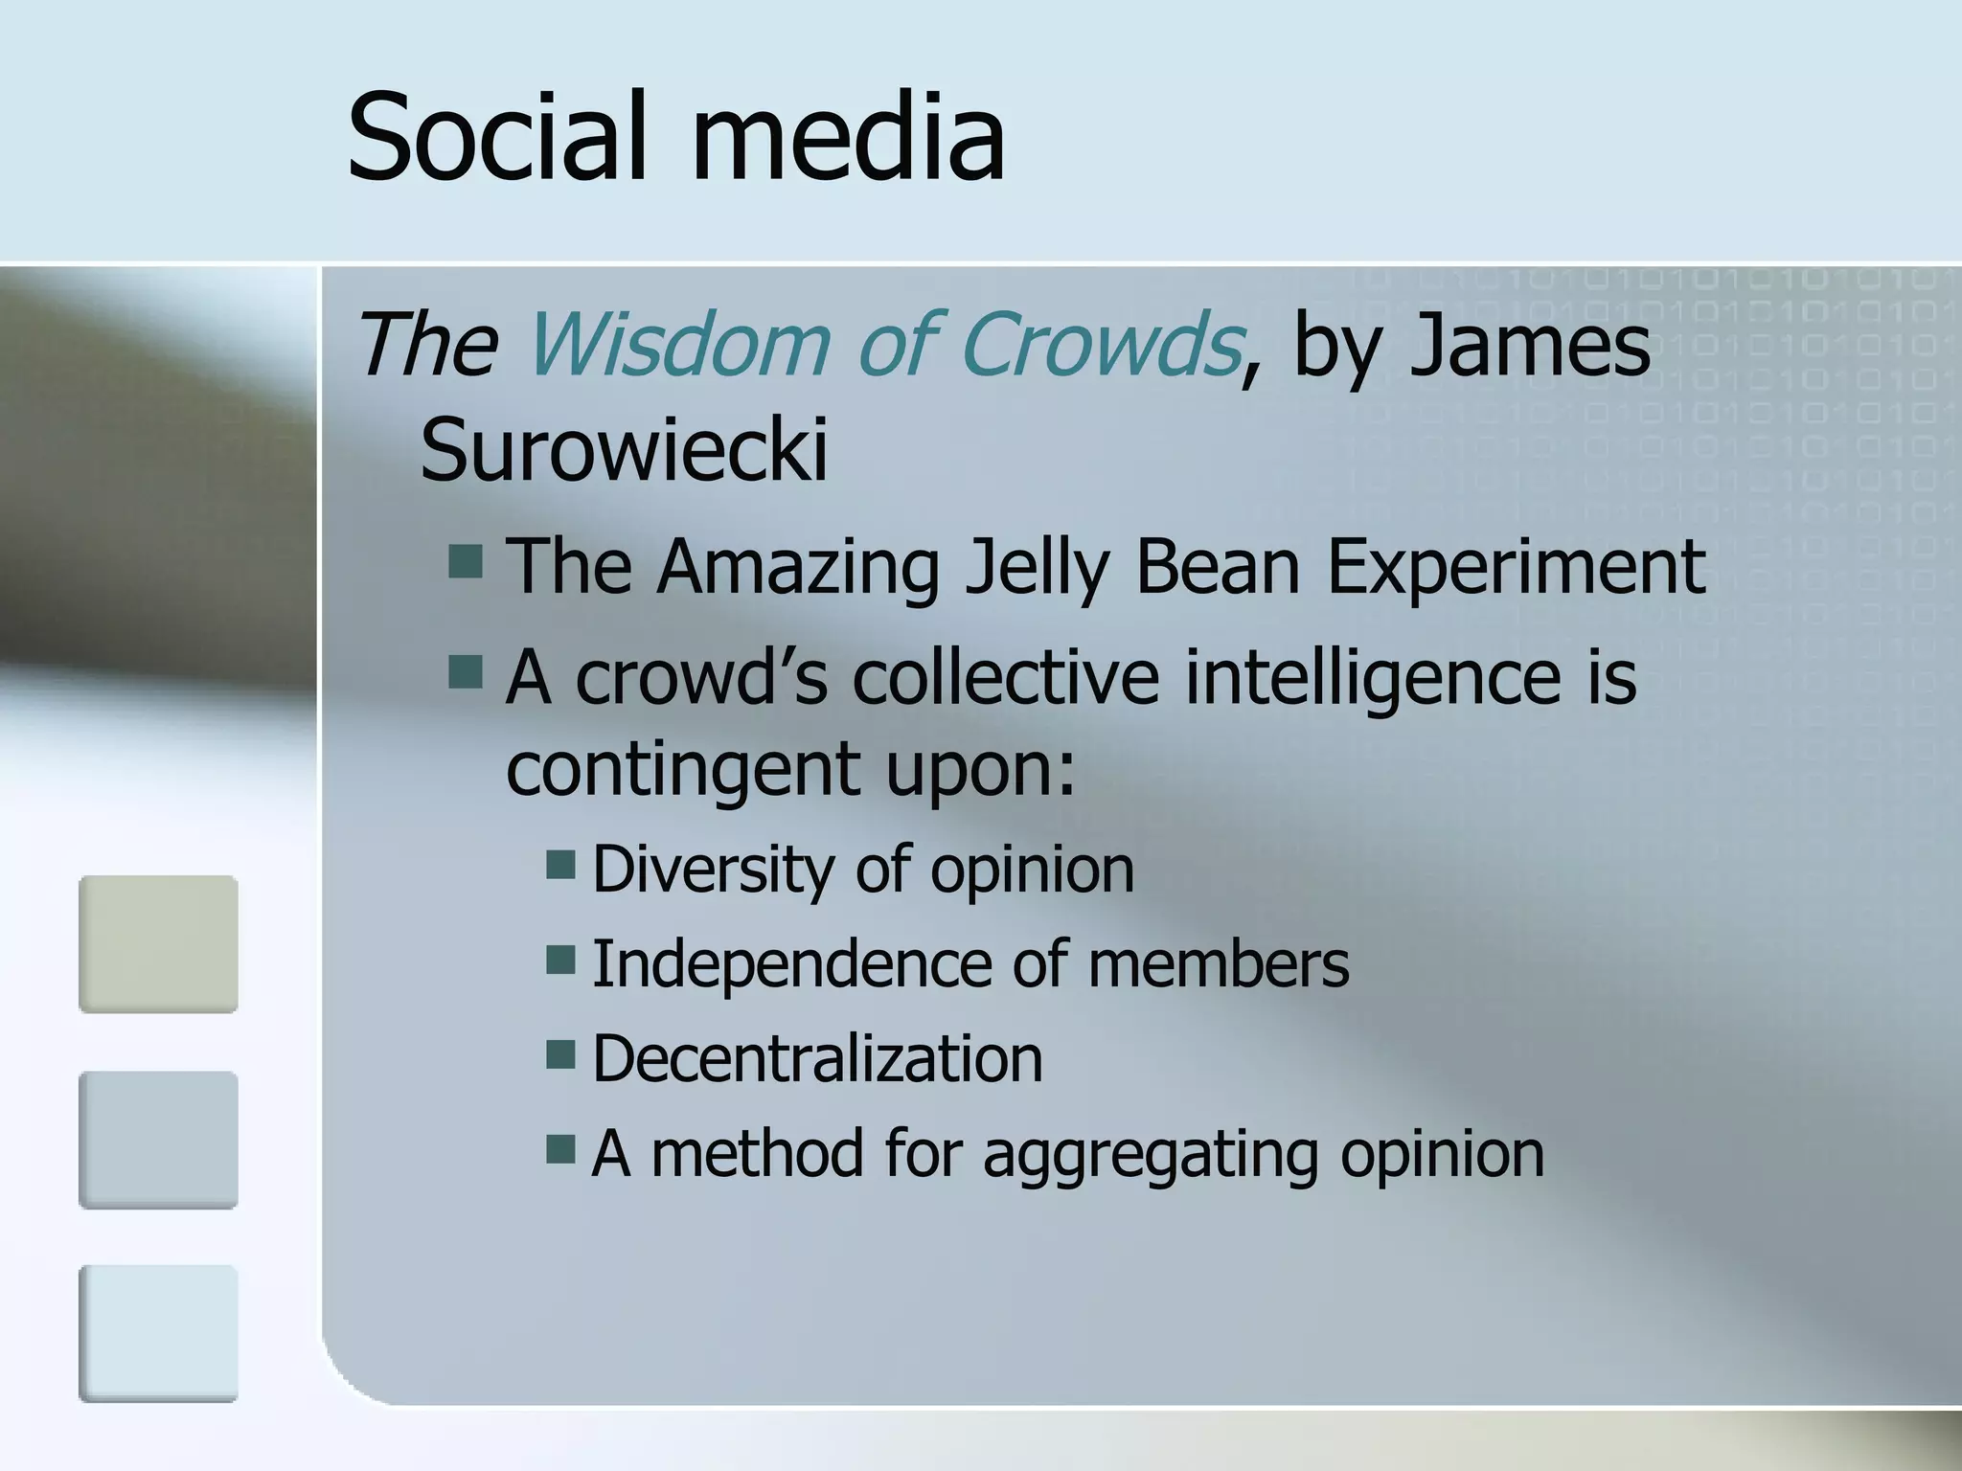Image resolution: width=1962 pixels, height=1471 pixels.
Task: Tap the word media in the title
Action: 847,136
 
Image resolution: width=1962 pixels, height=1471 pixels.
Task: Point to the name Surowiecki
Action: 624,450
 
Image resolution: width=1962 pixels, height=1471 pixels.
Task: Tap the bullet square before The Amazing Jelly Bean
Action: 466,562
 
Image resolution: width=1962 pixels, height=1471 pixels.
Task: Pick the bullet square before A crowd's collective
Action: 466,672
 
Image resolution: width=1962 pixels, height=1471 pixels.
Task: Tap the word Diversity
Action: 713,870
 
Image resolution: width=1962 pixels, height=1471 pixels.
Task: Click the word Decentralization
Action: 817,1058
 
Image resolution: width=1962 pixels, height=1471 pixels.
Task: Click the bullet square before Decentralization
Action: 560,1054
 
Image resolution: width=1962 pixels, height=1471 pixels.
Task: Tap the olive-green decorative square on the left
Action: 158,944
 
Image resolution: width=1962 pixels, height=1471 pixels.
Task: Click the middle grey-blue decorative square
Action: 158,1140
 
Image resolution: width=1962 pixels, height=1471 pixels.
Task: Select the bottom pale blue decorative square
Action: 158,1333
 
